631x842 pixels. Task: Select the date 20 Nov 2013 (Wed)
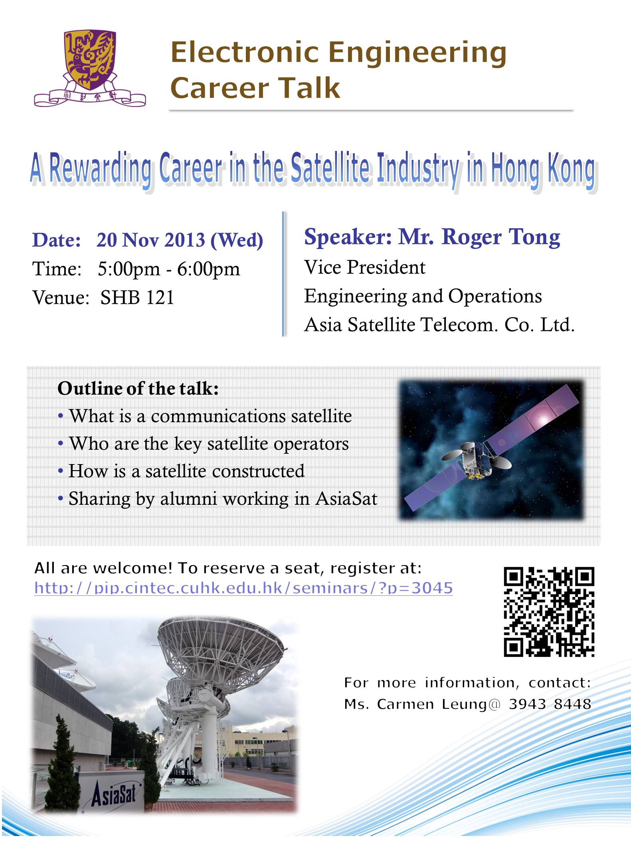[x=180, y=240]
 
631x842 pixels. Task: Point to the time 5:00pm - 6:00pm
[x=169, y=269]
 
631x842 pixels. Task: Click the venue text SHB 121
[x=137, y=297]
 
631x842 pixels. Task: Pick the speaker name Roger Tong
[x=500, y=237]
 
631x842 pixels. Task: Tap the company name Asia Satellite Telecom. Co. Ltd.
[x=439, y=325]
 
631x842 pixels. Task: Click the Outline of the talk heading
[x=138, y=389]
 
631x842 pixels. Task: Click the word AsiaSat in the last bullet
[x=346, y=499]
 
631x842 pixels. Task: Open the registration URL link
[x=243, y=588]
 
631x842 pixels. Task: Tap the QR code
[x=549, y=612]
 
